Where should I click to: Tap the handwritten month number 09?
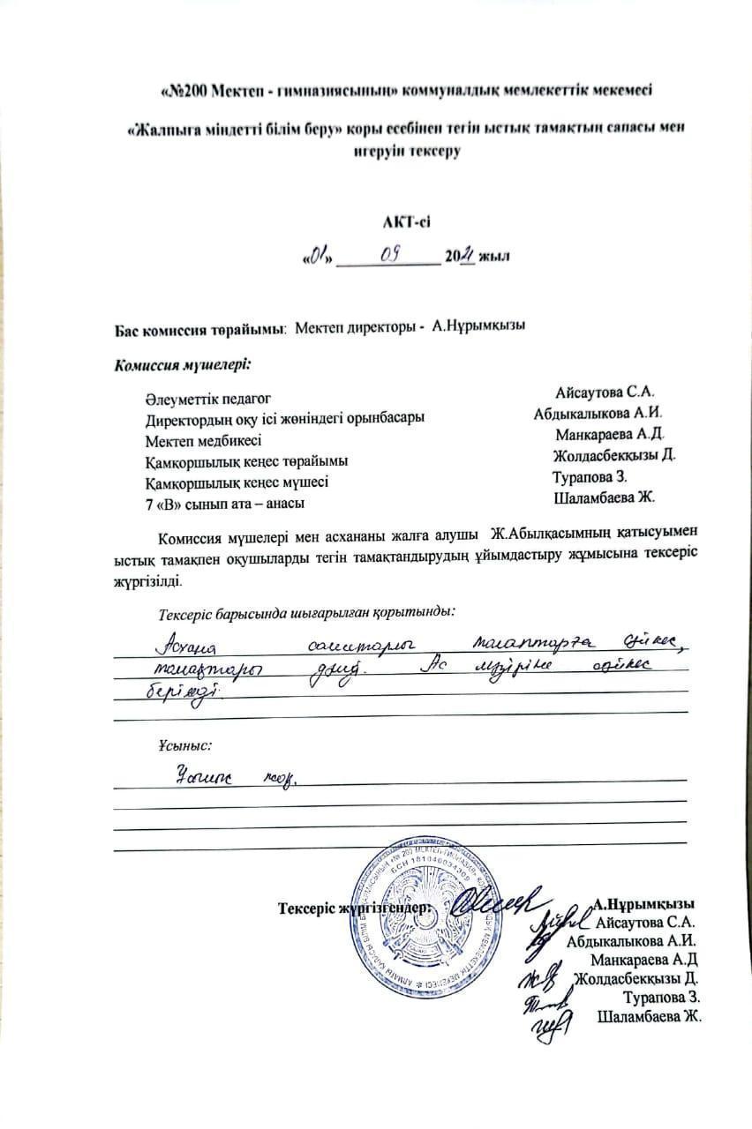pyautogui.click(x=389, y=255)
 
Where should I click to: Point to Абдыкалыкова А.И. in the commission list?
pyautogui.click(x=598, y=413)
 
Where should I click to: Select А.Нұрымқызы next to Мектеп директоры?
pyautogui.click(x=479, y=327)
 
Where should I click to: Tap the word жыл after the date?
pyautogui.click(x=495, y=257)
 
